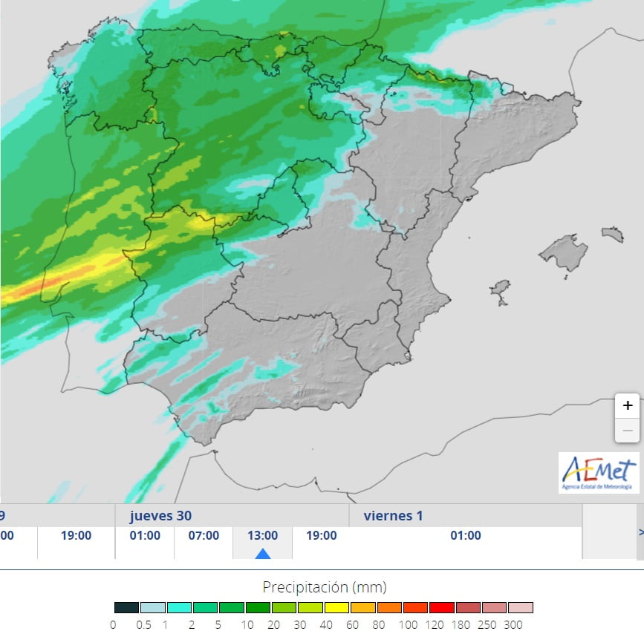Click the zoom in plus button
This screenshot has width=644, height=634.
(x=628, y=405)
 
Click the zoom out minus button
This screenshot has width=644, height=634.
(x=628, y=430)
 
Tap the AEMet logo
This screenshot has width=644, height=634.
(x=599, y=472)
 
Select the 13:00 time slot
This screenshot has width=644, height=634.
(x=262, y=535)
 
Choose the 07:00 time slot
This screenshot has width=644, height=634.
(x=204, y=535)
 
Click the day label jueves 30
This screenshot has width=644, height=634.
(x=163, y=515)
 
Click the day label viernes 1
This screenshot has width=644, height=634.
(x=393, y=515)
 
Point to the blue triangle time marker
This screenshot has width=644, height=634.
(x=262, y=553)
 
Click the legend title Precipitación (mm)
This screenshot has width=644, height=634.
(x=325, y=587)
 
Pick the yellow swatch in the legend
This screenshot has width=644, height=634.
(x=336, y=607)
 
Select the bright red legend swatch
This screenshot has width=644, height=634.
(x=442, y=607)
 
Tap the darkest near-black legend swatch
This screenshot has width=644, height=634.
(x=126, y=607)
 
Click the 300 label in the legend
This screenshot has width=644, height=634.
(x=513, y=624)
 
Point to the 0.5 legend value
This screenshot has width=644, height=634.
(x=143, y=624)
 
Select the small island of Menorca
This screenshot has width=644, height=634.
(x=613, y=235)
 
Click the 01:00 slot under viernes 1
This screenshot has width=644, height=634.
(x=466, y=535)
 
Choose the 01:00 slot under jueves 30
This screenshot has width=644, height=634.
(x=145, y=535)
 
